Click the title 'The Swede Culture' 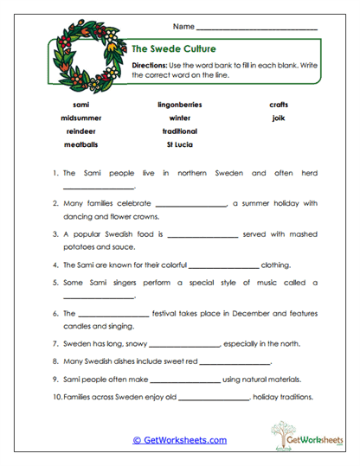173,48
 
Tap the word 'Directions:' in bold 152,66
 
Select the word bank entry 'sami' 80,105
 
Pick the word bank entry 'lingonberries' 180,105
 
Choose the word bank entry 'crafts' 279,105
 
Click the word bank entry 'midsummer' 80,118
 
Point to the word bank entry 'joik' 279,118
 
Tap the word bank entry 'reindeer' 80,131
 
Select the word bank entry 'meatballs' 80,144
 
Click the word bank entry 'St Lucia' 180,144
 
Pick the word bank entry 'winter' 180,118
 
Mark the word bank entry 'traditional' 180,131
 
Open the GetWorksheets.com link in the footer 179,440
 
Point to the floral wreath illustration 84,56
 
